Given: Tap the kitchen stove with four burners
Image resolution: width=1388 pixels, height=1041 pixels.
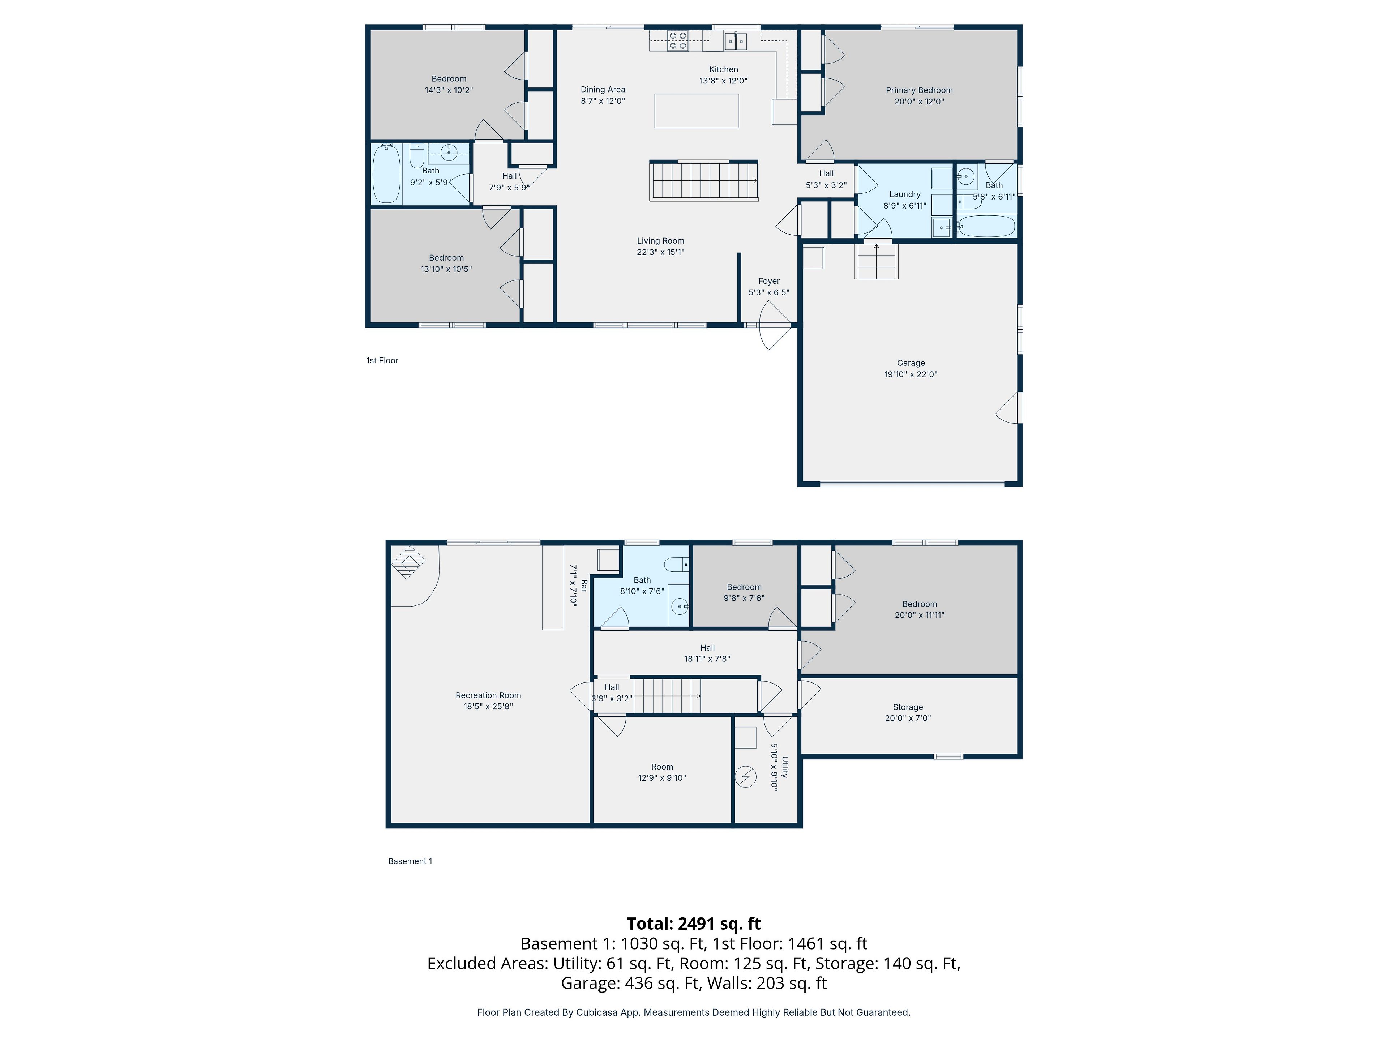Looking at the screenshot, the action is (x=678, y=41).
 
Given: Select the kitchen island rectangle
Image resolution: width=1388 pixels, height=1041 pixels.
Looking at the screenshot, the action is (x=697, y=111).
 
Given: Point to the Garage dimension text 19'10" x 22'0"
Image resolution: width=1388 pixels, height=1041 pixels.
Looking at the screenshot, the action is (x=911, y=374).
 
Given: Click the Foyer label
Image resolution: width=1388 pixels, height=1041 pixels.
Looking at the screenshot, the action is (x=769, y=281).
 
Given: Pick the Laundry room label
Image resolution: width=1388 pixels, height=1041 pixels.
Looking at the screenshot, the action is (x=905, y=194).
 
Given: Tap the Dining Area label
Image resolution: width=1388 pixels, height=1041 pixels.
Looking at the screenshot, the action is (x=603, y=90).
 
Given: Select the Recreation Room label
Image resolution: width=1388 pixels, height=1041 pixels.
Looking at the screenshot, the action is (x=488, y=695).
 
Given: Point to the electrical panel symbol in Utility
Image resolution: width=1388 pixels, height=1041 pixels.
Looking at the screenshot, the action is (x=745, y=777).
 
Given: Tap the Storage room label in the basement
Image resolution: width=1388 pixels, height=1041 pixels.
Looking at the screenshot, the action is (x=908, y=707).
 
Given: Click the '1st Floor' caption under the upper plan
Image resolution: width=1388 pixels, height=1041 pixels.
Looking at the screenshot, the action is (x=382, y=360).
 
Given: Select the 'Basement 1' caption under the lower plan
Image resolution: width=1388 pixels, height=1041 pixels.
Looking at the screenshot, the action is (x=410, y=861).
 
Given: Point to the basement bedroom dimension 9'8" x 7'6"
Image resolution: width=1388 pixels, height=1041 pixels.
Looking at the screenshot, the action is (x=744, y=598).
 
